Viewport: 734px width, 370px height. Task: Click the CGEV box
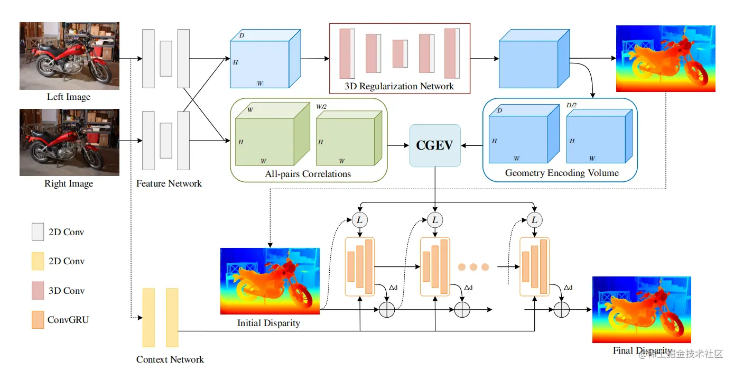435,145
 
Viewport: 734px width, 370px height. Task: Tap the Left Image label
69,97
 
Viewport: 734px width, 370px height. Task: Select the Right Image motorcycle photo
69,142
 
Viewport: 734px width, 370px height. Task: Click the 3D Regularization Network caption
399,86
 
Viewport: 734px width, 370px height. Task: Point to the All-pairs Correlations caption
308,173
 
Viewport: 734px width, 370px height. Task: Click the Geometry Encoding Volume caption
562,173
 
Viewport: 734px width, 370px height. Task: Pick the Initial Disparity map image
270,281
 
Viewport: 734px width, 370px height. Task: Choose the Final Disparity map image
642,309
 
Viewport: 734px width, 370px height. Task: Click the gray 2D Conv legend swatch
38,232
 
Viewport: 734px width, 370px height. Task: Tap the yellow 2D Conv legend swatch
38,261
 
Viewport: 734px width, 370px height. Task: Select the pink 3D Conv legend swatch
38,291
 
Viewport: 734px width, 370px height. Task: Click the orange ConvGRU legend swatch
38,320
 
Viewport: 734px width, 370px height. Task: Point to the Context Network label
170,359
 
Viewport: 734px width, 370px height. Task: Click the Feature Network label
169,183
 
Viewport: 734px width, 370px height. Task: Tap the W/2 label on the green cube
321,106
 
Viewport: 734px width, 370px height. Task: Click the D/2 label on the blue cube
571,105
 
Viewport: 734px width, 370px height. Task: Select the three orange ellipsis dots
473,267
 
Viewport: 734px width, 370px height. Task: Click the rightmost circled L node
534,220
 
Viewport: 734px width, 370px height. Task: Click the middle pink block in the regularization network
399,53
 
